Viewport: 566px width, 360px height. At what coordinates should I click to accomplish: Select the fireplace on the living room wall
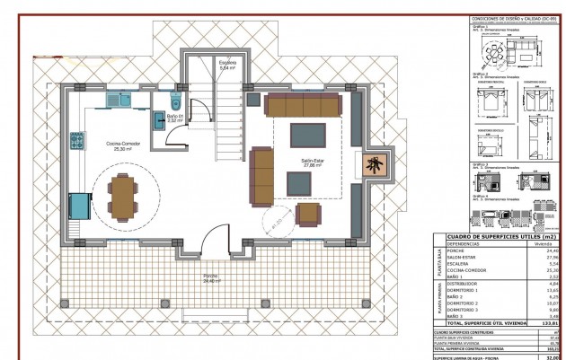(x=371, y=165)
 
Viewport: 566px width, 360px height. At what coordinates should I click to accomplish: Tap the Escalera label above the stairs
(x=227, y=64)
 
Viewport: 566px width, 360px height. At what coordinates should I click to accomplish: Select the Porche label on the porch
(x=210, y=278)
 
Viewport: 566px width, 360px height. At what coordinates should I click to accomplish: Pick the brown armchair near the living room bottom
(x=308, y=215)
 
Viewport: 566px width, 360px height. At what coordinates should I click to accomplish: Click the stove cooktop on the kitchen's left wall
(x=78, y=206)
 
